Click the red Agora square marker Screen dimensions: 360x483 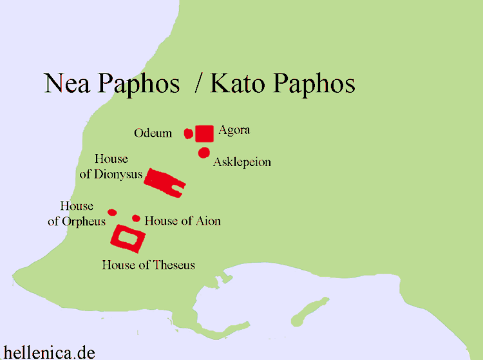[x=204, y=133]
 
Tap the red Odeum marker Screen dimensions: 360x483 [x=188, y=133]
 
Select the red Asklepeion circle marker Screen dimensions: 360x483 [x=204, y=153]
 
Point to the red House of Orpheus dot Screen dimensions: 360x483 [x=112, y=213]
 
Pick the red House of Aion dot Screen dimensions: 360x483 [x=136, y=218]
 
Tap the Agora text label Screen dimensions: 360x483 [x=234, y=130]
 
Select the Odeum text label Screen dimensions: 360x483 [x=153, y=133]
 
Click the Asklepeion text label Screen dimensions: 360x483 [x=241, y=162]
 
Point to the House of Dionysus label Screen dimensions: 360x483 [x=111, y=167]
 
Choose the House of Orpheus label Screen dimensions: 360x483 [x=77, y=214]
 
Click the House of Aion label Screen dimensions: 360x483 [x=182, y=221]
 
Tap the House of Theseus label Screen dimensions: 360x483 [x=148, y=265]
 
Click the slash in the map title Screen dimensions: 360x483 [x=198, y=84]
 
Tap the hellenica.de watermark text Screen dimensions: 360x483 [x=49, y=352]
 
